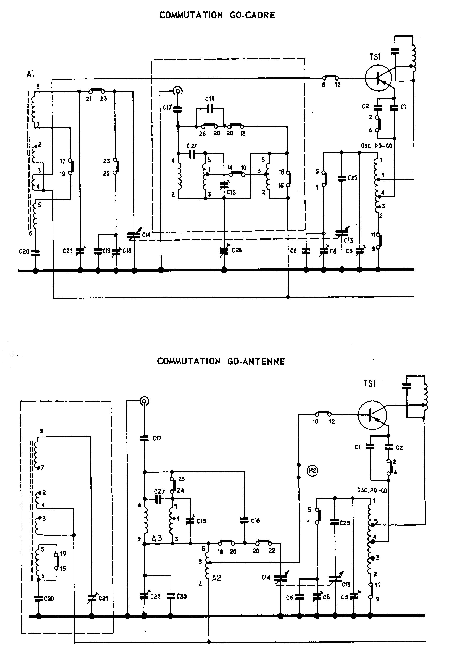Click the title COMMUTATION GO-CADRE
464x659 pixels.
point(217,15)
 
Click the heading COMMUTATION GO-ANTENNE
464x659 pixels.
point(221,361)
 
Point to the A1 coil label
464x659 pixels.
point(30,74)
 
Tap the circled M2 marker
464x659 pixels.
point(313,470)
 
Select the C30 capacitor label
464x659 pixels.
point(181,596)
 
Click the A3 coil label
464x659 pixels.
point(157,538)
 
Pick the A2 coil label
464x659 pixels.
point(216,578)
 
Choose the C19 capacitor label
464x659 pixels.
point(106,251)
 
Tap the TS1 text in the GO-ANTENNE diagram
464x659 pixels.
point(370,383)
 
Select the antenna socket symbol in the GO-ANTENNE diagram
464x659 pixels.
point(144,401)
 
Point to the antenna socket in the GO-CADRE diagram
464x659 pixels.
point(178,91)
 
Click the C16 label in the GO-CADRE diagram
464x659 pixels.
point(210,99)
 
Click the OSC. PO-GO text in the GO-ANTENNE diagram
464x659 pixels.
point(372,490)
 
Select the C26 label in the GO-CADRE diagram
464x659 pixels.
point(237,250)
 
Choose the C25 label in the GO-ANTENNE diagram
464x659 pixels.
point(345,523)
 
